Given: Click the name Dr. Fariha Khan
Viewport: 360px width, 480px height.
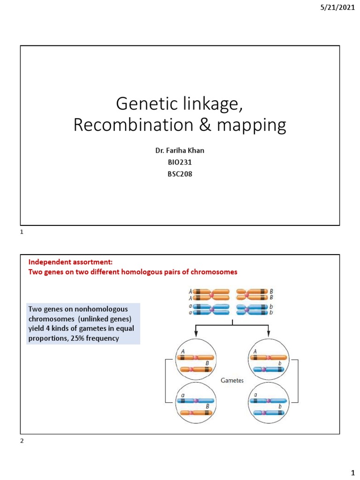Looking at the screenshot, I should [180, 151].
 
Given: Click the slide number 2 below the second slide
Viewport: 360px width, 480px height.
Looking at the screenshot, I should [22, 442].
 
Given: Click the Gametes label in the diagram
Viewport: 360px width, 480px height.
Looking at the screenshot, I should [232, 381].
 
